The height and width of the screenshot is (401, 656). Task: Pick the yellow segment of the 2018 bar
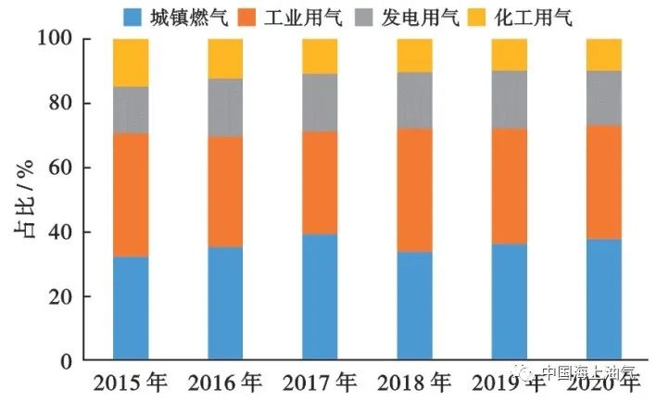coord(415,56)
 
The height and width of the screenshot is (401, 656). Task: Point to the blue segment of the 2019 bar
coord(510,302)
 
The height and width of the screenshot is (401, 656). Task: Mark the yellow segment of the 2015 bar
coord(131,63)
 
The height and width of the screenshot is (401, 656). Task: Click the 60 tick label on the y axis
coord(67,168)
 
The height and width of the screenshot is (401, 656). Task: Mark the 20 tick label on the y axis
coord(67,296)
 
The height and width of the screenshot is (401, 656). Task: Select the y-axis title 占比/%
coord(25,200)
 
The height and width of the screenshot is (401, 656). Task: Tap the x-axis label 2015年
coord(131,380)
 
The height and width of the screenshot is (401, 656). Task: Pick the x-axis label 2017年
coord(320,380)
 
